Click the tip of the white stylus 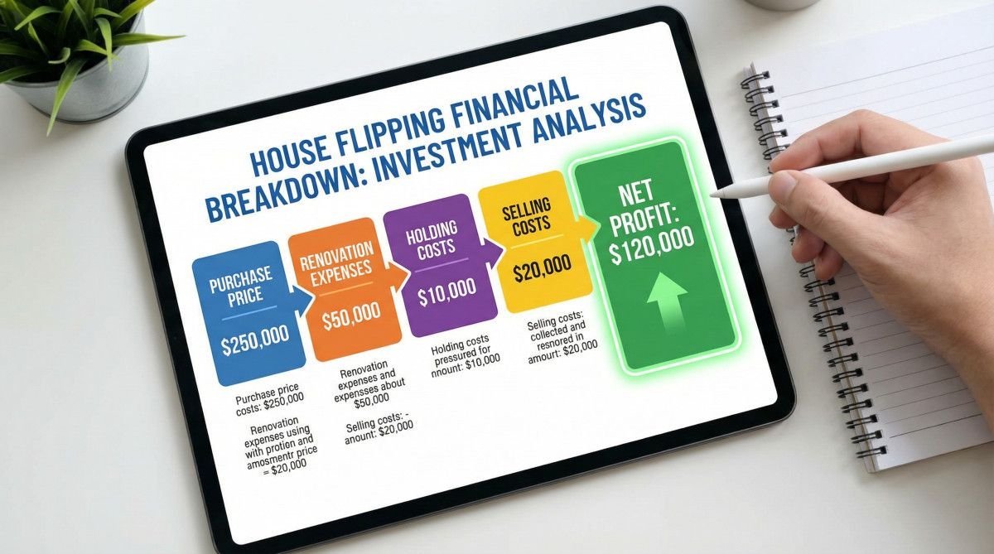[x=712, y=194]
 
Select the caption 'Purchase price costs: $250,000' [x=268, y=393]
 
